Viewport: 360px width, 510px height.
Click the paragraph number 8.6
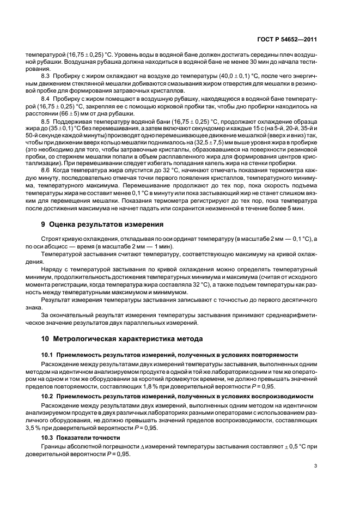pyautogui.click(x=46, y=186)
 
